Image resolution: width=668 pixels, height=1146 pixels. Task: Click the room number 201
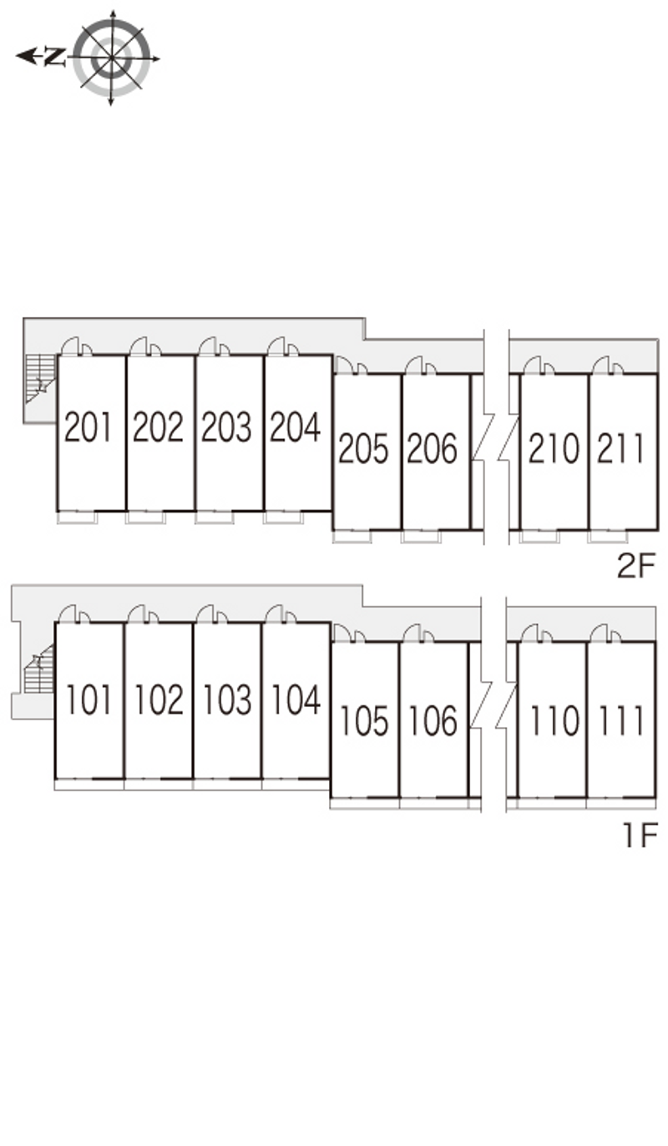click(88, 427)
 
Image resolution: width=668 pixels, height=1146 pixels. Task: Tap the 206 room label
click(432, 449)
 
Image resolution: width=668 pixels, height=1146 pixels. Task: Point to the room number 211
click(620, 449)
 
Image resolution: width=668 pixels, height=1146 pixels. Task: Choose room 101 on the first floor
click(89, 700)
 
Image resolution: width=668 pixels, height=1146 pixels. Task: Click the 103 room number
click(227, 700)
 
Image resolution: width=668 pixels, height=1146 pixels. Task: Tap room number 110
click(554, 721)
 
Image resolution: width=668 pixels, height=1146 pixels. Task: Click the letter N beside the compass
click(55, 56)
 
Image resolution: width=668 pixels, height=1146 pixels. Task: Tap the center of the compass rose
click(112, 58)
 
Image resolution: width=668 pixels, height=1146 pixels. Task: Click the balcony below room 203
click(215, 517)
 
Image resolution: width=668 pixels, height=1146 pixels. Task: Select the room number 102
click(159, 700)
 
